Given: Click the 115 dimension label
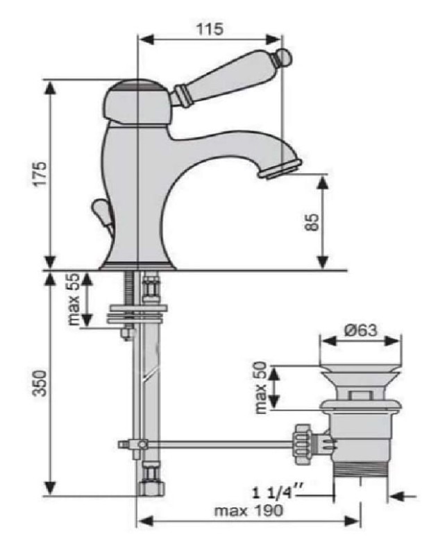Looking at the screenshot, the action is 210,29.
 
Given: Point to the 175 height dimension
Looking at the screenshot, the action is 40,173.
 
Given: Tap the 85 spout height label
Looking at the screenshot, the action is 312,222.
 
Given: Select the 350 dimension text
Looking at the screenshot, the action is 40,384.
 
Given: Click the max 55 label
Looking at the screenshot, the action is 74,300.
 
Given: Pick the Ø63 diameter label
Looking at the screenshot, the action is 361,331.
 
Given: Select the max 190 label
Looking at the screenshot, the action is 249,511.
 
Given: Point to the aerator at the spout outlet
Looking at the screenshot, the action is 280,169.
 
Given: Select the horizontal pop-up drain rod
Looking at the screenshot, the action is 219,444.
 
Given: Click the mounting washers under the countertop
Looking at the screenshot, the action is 137,313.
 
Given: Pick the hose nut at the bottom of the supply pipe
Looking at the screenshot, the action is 151,488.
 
